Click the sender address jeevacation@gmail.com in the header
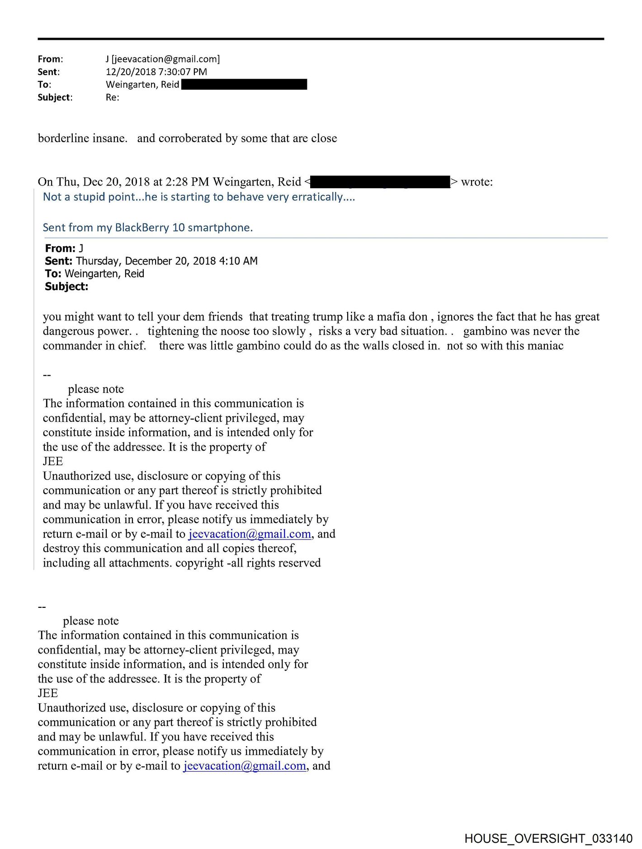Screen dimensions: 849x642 [165, 59]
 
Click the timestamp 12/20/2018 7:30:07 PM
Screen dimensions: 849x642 [156, 72]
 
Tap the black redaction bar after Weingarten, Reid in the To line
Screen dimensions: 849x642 [244, 84]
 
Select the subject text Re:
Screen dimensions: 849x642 [113, 97]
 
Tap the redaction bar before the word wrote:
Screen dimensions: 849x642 [380, 182]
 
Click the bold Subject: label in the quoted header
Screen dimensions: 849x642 [66, 286]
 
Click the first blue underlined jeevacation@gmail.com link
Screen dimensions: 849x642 [250, 534]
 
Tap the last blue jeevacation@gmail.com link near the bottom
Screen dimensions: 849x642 [245, 766]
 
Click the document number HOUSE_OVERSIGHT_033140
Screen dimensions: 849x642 [548, 839]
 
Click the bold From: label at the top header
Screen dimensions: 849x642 [50, 59]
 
